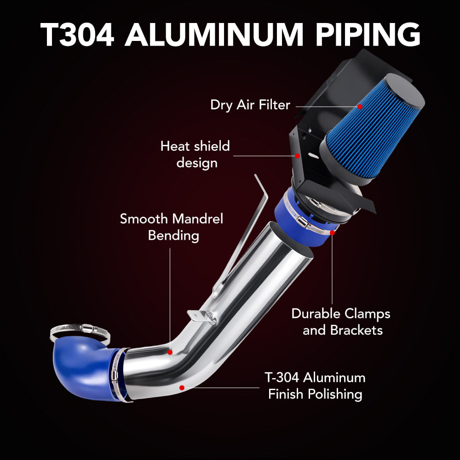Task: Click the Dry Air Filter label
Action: (x=250, y=105)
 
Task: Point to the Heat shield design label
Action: (x=195, y=154)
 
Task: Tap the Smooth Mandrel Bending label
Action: (x=172, y=227)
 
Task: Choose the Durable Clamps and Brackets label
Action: (x=341, y=322)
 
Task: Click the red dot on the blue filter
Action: (x=360, y=106)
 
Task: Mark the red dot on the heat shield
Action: (x=297, y=155)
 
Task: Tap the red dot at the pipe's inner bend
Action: (x=170, y=352)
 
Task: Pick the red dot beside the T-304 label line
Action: (x=182, y=388)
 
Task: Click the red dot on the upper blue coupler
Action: (x=332, y=233)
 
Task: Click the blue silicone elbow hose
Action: (x=83, y=368)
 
